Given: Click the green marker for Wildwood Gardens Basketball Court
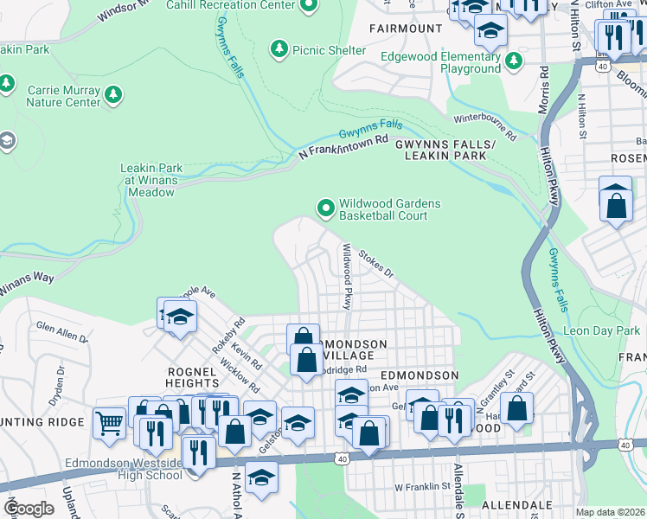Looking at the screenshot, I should [325, 208].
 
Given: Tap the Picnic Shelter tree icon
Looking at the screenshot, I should [279, 50].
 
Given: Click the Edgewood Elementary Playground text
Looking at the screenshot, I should [441, 62].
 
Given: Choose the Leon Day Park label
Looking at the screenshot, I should [601, 331].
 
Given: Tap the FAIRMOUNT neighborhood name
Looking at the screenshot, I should [406, 29].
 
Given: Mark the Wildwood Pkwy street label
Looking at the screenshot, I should [348, 276].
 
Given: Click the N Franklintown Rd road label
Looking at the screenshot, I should [343, 147].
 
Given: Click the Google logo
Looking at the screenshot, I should [29, 509].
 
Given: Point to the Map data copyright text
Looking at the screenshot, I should [609, 512].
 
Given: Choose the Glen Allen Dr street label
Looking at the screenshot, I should [61, 333].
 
